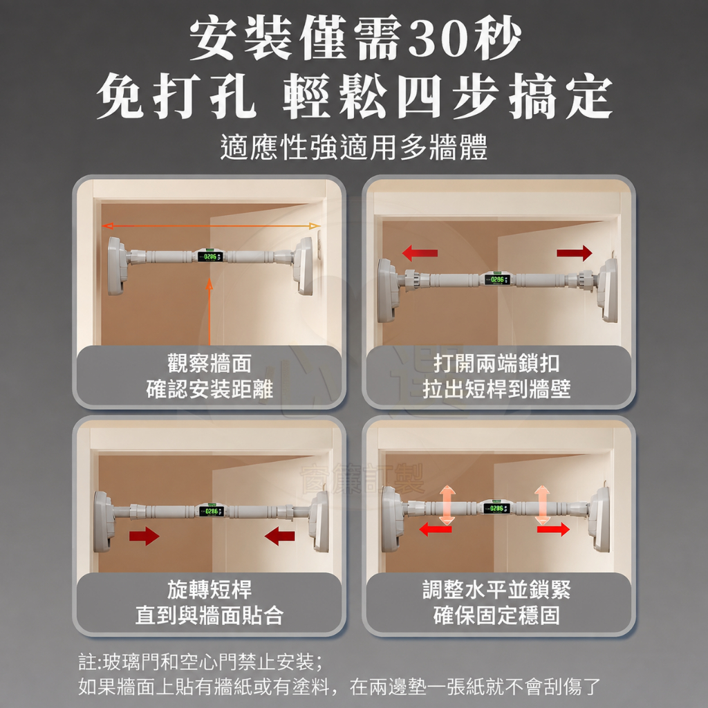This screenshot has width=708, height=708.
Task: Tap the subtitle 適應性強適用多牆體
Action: (x=354, y=147)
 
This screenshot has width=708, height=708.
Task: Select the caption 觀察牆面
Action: (x=209, y=364)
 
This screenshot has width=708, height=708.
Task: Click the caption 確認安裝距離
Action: (x=209, y=389)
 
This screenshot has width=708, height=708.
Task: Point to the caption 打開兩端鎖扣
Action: (x=496, y=364)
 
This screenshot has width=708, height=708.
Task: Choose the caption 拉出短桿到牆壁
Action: (x=496, y=389)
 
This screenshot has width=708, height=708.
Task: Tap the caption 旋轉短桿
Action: (x=209, y=589)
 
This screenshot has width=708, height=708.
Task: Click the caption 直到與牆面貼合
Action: (x=209, y=615)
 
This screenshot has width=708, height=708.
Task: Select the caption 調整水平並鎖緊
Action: (x=496, y=589)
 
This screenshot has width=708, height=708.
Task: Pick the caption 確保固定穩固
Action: (x=496, y=615)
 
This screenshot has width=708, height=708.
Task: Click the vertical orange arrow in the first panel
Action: (x=209, y=312)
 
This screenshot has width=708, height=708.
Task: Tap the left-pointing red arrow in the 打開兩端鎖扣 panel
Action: (x=420, y=253)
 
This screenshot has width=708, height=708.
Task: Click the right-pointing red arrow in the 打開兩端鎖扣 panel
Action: (x=575, y=253)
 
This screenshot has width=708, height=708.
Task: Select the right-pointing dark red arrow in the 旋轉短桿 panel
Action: (x=145, y=537)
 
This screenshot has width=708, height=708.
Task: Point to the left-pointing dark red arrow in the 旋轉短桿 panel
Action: (x=279, y=537)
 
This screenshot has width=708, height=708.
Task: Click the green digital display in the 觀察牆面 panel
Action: (x=210, y=257)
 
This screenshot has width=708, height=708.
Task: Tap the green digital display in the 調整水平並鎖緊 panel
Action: (x=496, y=508)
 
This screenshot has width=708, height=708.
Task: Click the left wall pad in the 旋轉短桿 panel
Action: (x=104, y=521)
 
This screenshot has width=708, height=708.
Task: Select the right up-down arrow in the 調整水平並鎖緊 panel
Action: (x=542, y=505)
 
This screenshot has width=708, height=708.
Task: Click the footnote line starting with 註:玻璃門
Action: (x=201, y=662)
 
